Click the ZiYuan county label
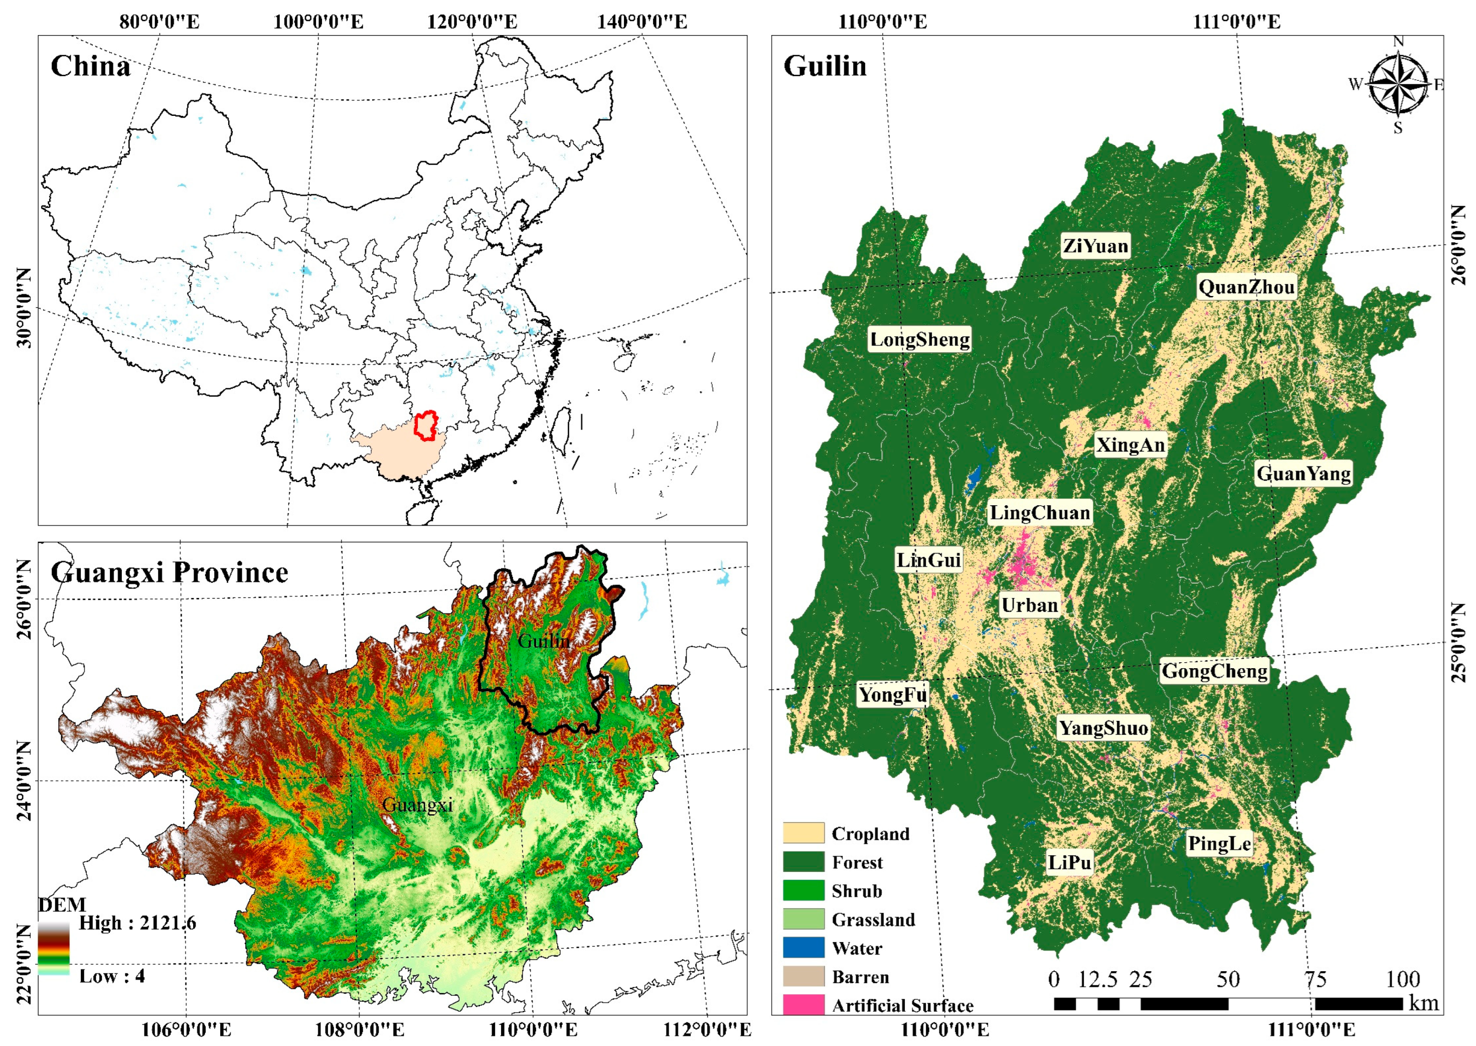[1095, 246]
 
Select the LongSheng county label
[920, 340]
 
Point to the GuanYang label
[1303, 474]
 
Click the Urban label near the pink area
[1029, 605]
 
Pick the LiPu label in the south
[1069, 862]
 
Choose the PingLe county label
[1219, 843]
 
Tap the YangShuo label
[1103, 728]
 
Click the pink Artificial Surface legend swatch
[803, 1005]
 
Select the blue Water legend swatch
[803, 948]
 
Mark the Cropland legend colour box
[803, 833]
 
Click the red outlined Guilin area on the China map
[425, 426]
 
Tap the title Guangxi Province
[170, 572]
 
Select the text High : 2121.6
[137, 923]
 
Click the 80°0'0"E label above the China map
[159, 22]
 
